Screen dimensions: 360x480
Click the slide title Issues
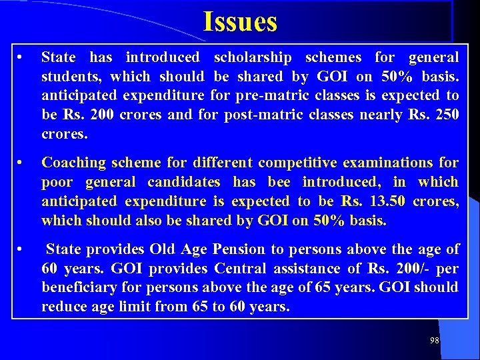[x=240, y=22]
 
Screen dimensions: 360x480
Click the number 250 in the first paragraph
[x=447, y=115]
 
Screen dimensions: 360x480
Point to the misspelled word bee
[x=279, y=182]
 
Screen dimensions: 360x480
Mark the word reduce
[x=63, y=307]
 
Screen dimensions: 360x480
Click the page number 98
[x=435, y=341]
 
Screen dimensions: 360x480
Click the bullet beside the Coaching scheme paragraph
[x=21, y=163]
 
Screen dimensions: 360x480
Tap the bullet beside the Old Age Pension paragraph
[x=21, y=249]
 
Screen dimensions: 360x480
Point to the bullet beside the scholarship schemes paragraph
[x=21, y=57]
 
